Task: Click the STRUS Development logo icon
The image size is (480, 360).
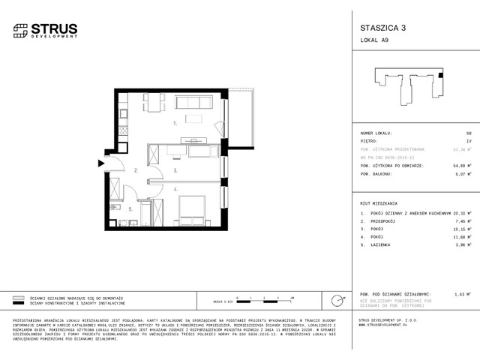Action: [19, 31]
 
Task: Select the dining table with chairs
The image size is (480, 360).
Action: [153, 102]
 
